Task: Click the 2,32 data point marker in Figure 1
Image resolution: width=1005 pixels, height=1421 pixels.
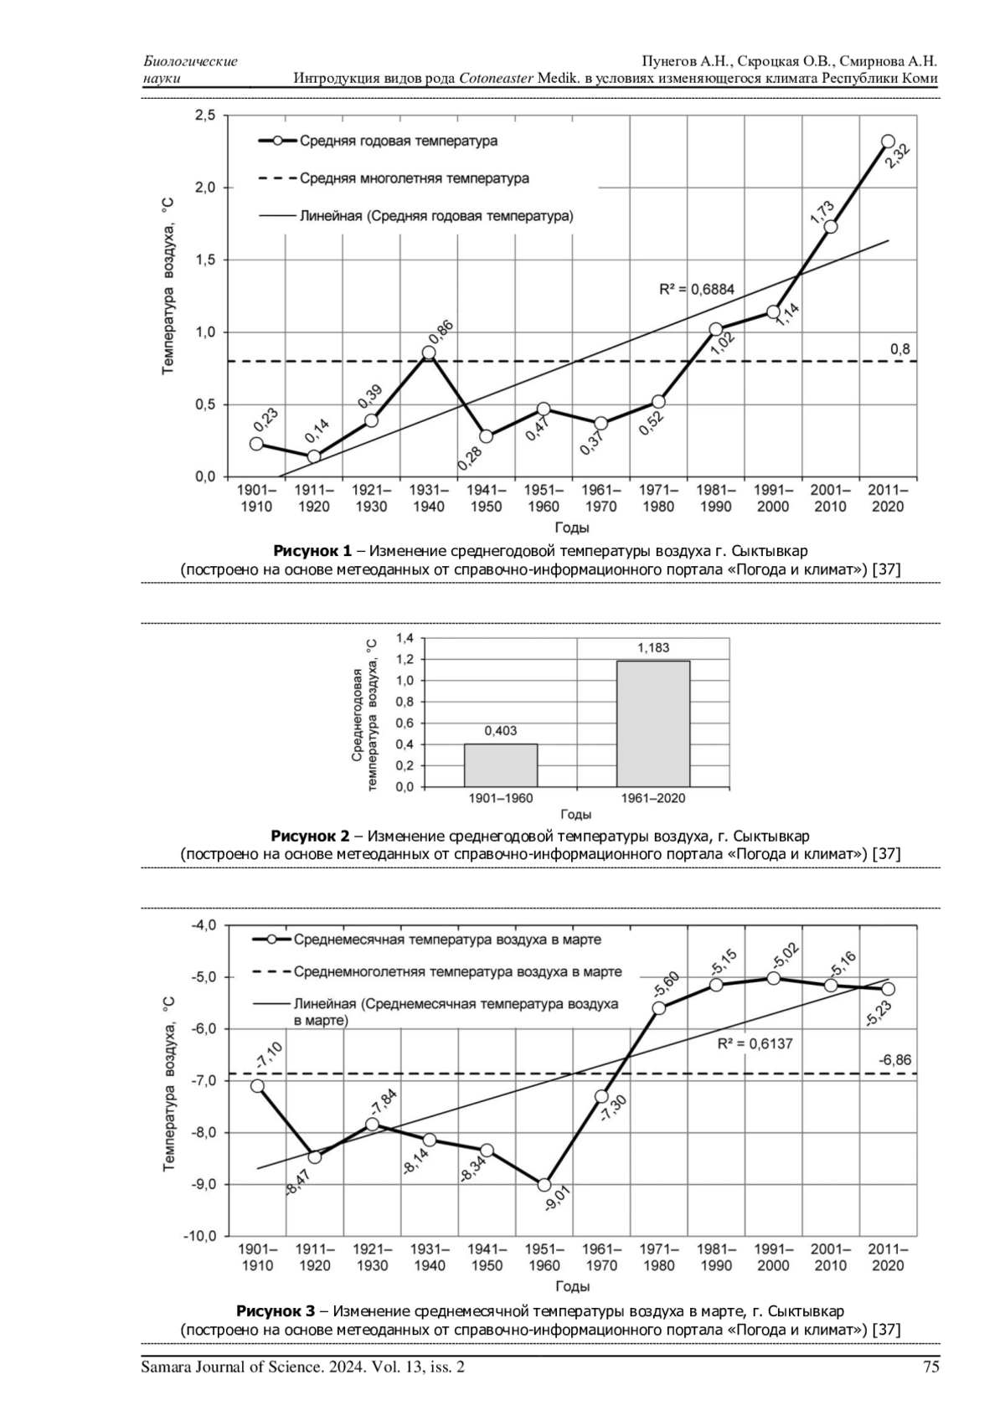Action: tap(888, 142)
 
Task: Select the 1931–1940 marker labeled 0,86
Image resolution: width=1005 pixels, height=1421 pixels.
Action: tap(429, 353)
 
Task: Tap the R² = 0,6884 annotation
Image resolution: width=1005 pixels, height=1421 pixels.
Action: tap(697, 290)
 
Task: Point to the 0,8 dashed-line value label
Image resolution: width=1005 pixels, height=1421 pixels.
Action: tap(900, 349)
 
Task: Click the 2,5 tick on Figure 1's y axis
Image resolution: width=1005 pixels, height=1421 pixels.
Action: tap(204, 116)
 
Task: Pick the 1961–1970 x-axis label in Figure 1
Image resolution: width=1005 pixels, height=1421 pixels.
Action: tap(600, 498)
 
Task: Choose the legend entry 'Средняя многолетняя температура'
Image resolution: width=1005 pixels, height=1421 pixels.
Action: tap(414, 178)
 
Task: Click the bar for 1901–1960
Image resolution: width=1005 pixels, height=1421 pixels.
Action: tap(501, 765)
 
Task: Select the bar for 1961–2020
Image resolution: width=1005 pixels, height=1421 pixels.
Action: tap(653, 723)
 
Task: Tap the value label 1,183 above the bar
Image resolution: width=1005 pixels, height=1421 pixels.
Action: tap(653, 647)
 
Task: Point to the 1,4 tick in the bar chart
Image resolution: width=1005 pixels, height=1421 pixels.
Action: tap(405, 638)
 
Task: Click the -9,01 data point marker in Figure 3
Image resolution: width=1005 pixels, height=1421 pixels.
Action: tap(544, 1185)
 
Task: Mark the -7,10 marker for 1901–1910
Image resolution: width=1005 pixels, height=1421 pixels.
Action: tap(257, 1086)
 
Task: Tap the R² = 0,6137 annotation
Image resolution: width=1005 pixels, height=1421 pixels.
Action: tap(755, 1044)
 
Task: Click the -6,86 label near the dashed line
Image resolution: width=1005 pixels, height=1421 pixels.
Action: tap(894, 1060)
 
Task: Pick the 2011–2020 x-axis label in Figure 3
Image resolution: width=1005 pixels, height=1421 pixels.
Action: tap(888, 1258)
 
